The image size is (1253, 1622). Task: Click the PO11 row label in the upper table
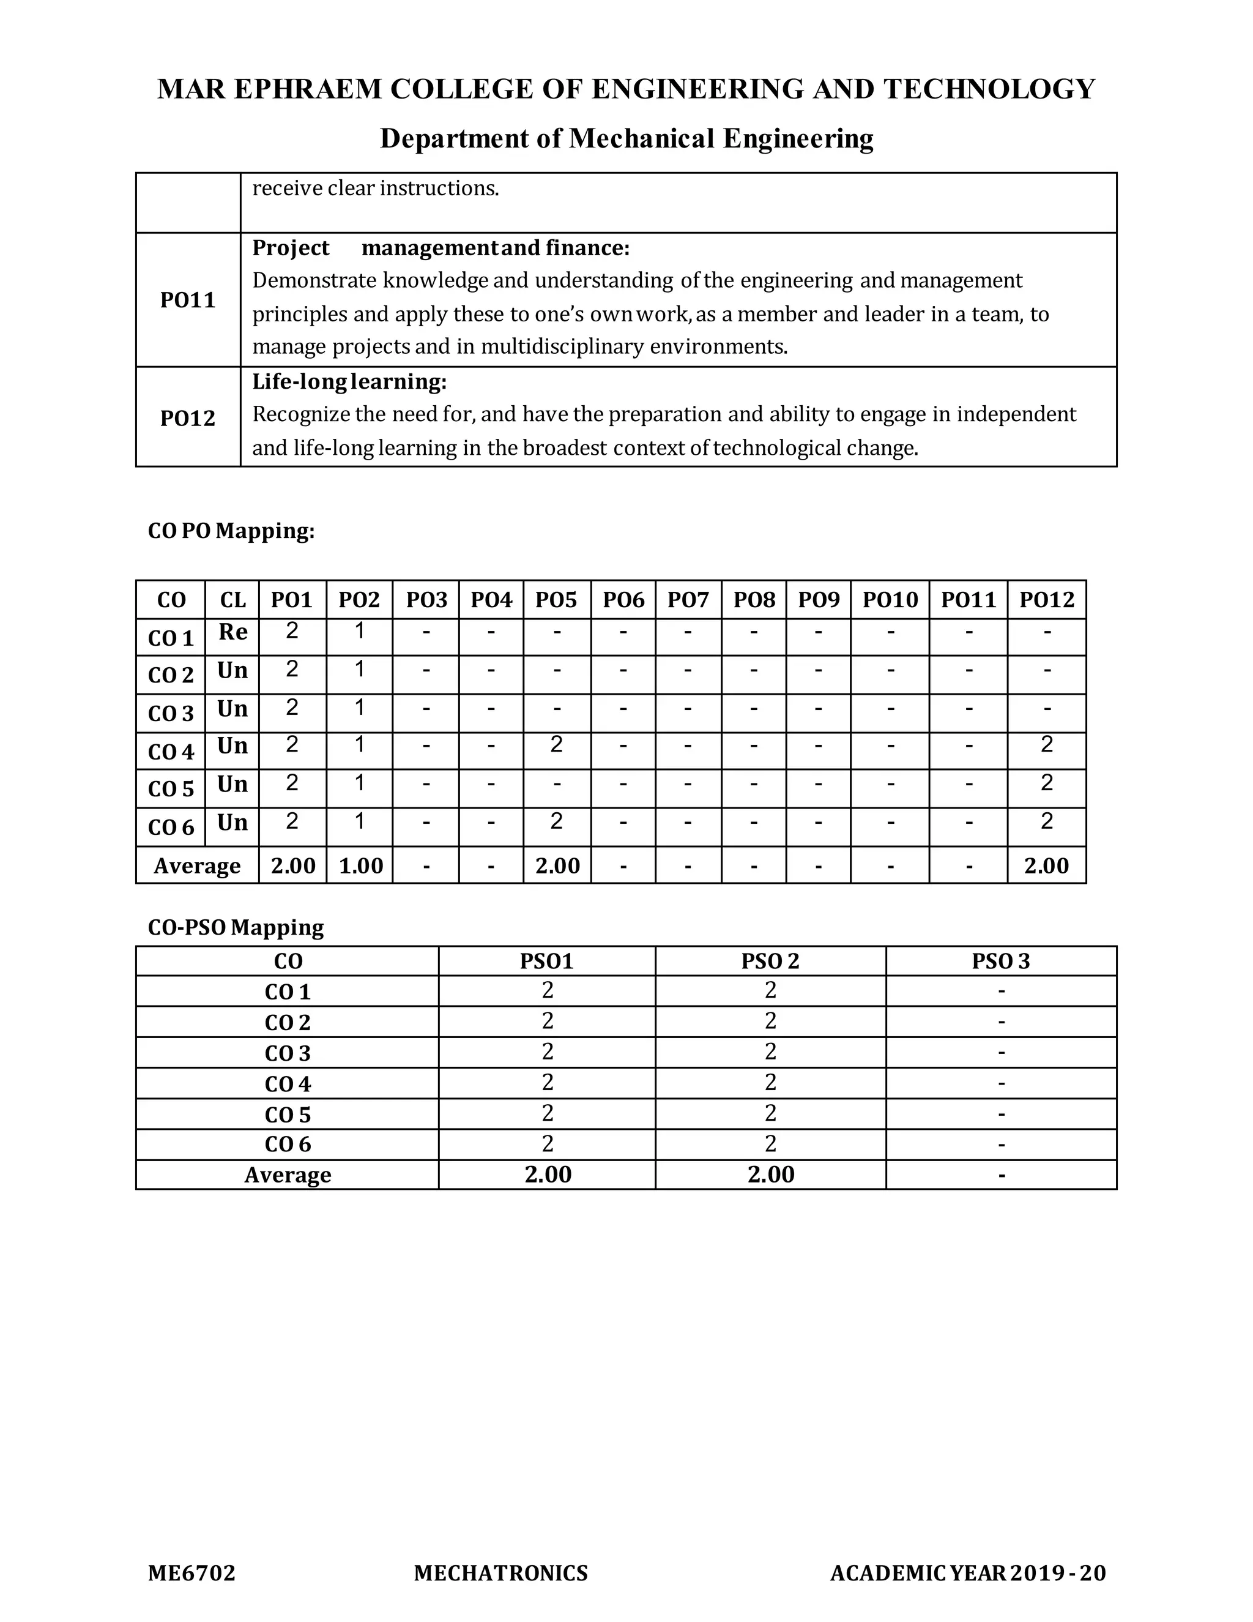click(x=188, y=300)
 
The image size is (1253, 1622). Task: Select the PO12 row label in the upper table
click(x=188, y=418)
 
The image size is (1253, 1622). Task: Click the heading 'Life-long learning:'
click(x=349, y=382)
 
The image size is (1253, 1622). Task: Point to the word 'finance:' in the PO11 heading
click(x=587, y=248)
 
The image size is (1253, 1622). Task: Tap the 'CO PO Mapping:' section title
click(x=232, y=531)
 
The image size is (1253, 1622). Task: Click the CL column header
click(x=232, y=600)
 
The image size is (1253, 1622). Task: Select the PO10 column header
click(x=890, y=600)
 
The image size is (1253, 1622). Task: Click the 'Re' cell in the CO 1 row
click(x=232, y=632)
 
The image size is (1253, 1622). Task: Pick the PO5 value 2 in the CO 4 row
click(x=557, y=744)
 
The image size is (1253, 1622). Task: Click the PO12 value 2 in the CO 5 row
click(x=1047, y=783)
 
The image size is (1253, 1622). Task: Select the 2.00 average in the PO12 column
click(x=1047, y=866)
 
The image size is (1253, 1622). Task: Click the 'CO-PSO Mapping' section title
click(x=236, y=927)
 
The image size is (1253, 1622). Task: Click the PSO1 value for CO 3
click(x=548, y=1052)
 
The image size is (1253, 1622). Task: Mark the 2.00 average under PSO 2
click(x=770, y=1175)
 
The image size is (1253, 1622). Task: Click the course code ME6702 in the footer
click(x=191, y=1573)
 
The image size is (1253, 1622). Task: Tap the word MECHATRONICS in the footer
click(x=501, y=1573)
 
